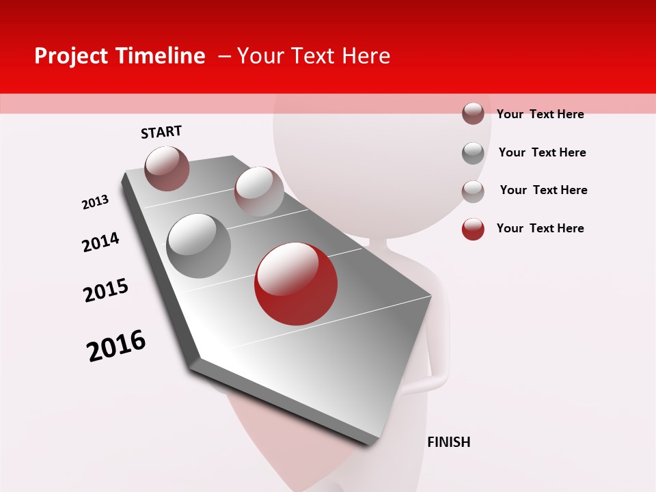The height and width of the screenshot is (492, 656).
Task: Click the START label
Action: click(161, 132)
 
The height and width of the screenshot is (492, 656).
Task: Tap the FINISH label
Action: click(448, 442)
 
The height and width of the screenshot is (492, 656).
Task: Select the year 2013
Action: click(96, 202)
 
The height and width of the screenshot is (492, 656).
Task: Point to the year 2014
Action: click(101, 242)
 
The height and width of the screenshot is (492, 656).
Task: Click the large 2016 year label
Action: click(116, 346)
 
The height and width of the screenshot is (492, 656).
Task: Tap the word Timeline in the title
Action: click(161, 56)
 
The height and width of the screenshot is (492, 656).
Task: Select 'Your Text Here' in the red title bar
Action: click(313, 56)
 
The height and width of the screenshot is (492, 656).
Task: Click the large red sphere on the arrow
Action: click(295, 284)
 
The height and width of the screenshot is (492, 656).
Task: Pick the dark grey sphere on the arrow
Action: click(198, 245)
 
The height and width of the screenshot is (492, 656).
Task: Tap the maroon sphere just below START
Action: click(167, 168)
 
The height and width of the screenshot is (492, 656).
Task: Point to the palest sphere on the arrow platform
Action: click(258, 191)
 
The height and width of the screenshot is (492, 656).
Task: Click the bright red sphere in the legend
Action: click(473, 229)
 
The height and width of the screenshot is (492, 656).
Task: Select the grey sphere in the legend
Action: click(473, 153)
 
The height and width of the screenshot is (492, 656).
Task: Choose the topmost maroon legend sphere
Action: click(473, 113)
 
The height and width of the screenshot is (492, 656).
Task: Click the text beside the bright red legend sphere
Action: click(540, 228)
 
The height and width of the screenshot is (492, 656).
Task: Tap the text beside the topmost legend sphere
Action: click(540, 114)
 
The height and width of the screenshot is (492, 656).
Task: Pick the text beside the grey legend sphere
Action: click(542, 152)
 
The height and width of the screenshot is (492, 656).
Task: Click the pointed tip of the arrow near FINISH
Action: click(373, 443)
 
